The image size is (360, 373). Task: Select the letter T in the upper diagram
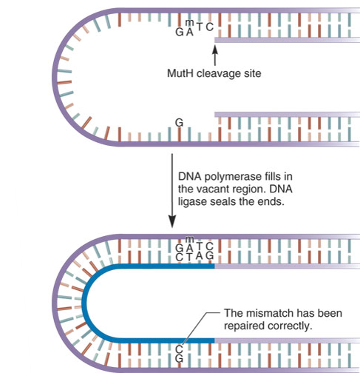(200, 27)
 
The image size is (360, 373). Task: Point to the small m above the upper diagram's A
(190, 23)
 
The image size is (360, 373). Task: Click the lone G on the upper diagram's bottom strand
(179, 123)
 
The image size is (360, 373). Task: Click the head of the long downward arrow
(172, 221)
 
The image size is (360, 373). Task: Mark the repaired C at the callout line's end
(179, 349)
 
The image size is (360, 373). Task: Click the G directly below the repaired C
(179, 358)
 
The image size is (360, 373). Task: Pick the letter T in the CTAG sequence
(189, 258)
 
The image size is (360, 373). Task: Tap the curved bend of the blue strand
(85, 302)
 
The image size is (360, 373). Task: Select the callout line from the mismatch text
(200, 328)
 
